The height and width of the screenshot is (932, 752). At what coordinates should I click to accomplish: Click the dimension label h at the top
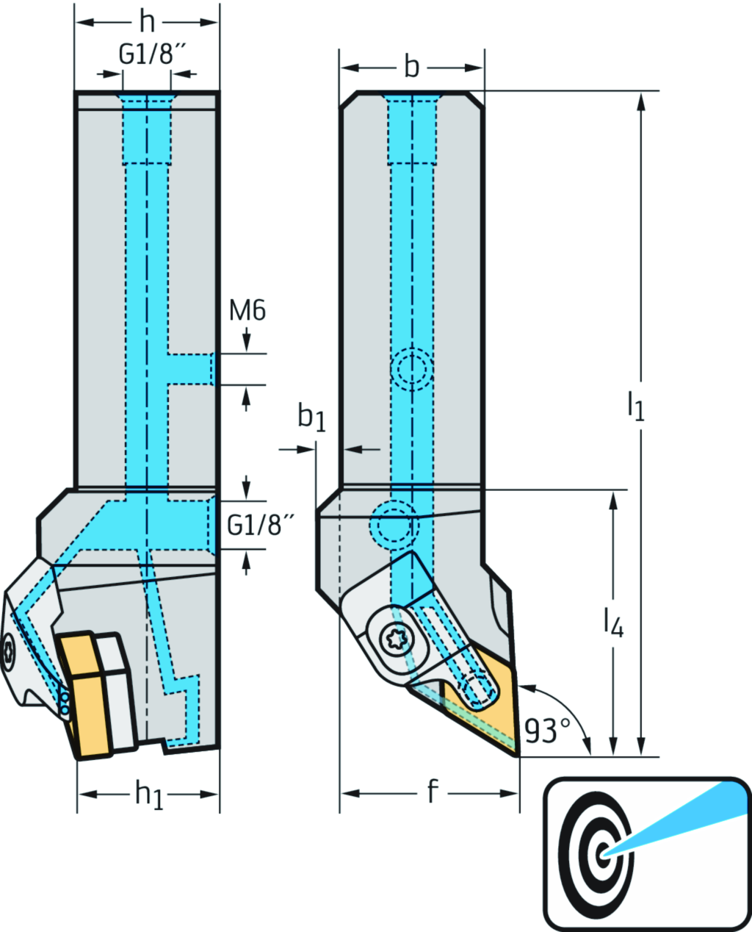tap(147, 22)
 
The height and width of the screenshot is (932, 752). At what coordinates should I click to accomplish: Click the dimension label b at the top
tap(411, 68)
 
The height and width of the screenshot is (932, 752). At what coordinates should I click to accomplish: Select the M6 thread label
tap(247, 311)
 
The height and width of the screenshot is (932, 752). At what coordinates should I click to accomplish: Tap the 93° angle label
tap(547, 731)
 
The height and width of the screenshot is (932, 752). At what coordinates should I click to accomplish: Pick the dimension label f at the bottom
tap(432, 792)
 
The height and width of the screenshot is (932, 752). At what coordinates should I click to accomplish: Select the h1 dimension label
tap(148, 795)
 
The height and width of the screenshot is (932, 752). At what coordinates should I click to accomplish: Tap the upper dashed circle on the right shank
tap(411, 369)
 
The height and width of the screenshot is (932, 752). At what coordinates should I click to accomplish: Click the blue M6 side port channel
tap(191, 368)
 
